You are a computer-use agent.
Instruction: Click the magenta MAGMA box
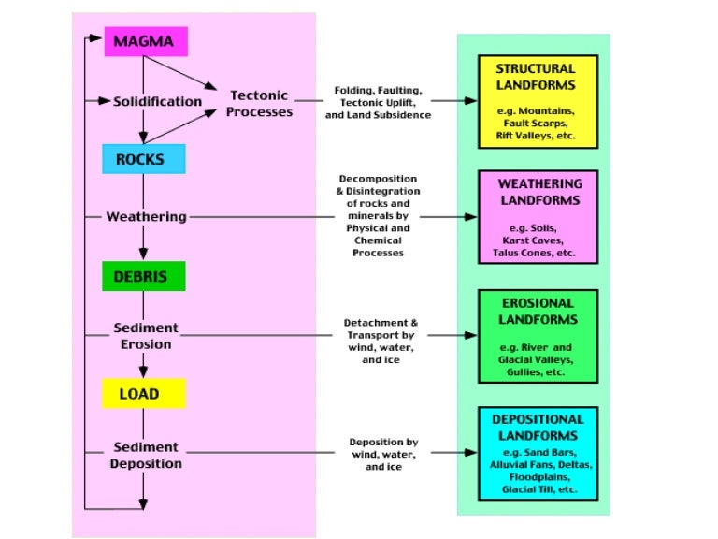145,41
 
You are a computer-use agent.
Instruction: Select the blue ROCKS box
145,159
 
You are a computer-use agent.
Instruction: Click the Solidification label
157,101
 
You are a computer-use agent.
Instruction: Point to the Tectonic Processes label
259,104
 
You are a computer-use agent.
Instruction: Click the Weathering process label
146,217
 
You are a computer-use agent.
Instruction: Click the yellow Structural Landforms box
535,101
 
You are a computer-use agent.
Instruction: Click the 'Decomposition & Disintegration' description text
379,215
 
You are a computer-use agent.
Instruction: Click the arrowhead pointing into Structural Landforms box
472,101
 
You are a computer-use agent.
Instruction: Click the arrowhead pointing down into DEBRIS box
143,255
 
